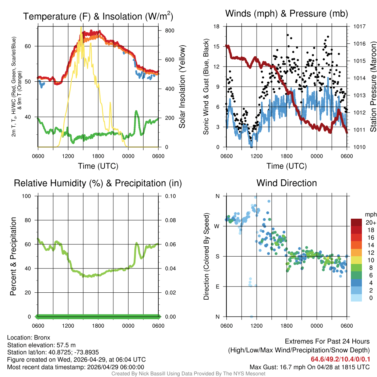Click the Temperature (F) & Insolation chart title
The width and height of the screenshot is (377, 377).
pos(98,16)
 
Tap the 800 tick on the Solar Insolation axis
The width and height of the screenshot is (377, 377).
pos(170,31)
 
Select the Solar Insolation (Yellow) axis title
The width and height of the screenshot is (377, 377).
pos(182,87)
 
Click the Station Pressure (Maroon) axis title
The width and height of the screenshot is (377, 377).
pos(373,87)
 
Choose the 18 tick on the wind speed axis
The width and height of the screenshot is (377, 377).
pos(216,27)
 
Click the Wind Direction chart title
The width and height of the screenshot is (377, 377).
pos(286,183)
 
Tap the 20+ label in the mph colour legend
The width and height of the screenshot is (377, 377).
pos(371,222)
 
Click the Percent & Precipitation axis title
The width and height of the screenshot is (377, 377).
pos(13,256)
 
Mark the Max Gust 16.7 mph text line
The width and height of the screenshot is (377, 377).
pos(310,367)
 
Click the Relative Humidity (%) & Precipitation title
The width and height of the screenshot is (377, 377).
pos(98,183)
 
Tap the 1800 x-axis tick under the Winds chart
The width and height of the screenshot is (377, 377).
pos(286,156)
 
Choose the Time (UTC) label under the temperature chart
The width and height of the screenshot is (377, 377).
pos(98,166)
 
